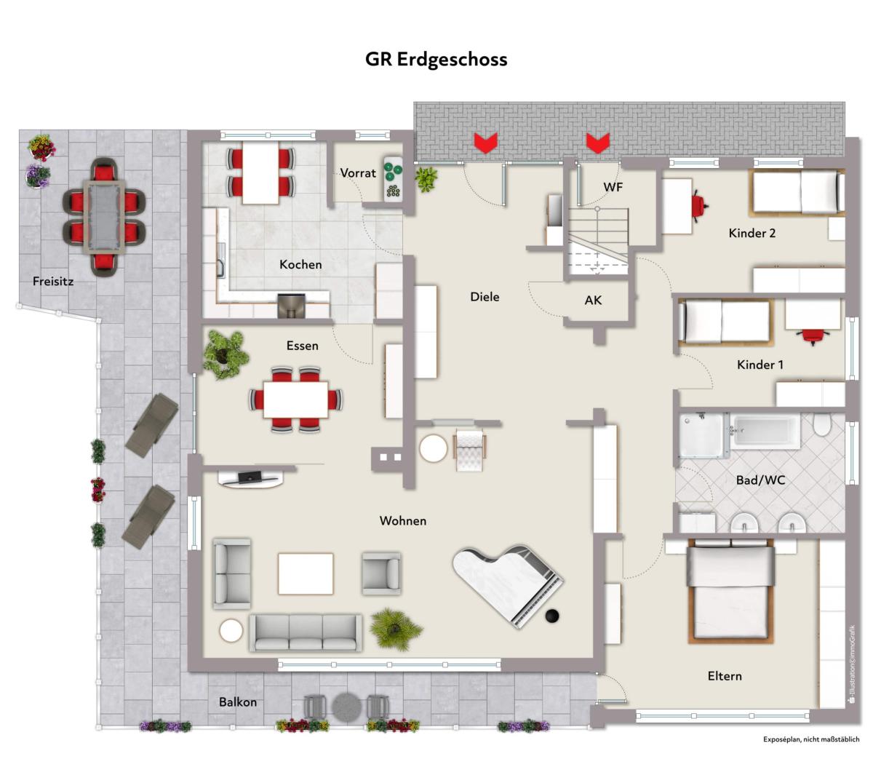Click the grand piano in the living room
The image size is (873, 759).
(x=509, y=586)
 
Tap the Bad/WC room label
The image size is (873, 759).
(x=760, y=480)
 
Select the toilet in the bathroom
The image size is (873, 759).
(x=821, y=424)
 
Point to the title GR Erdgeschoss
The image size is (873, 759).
(x=436, y=59)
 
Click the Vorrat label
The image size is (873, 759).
(x=358, y=172)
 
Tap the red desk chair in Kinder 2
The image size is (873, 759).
(x=699, y=206)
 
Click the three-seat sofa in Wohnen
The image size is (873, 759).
(x=306, y=632)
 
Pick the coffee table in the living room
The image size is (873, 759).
(x=306, y=574)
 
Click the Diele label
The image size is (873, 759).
(x=485, y=296)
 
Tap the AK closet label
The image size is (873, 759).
(x=593, y=301)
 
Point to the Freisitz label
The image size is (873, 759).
(x=53, y=281)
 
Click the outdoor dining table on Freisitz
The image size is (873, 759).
(x=104, y=217)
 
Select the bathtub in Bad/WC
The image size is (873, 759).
(x=765, y=431)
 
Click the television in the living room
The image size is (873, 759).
(x=250, y=476)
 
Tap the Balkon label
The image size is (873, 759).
(x=238, y=702)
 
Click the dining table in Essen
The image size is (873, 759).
(x=295, y=400)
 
